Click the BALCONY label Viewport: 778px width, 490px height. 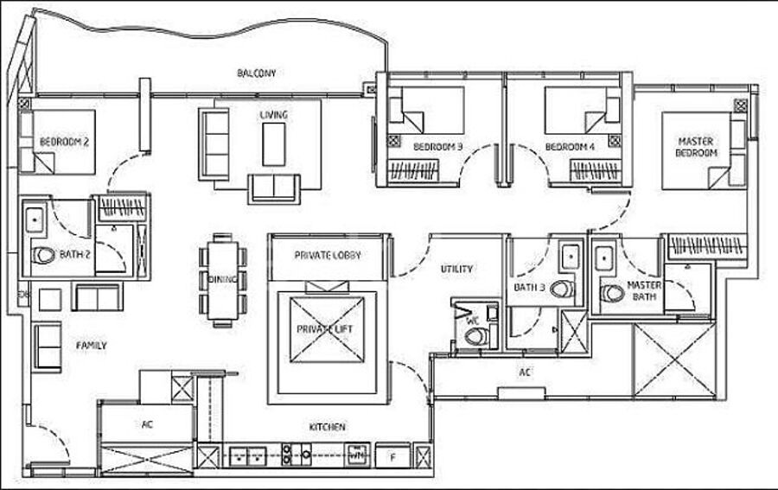tap(256, 73)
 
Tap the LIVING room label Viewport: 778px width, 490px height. tap(273, 115)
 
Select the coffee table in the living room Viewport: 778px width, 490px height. tap(273, 144)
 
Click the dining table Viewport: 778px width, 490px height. tap(223, 280)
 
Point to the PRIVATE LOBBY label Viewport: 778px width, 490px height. tap(328, 256)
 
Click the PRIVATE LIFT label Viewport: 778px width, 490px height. tap(325, 329)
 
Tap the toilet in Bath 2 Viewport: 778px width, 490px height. tap(44, 256)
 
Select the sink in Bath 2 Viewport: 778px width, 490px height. tap(35, 220)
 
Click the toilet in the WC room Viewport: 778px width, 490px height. tap(476, 337)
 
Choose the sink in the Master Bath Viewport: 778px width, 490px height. tap(605, 258)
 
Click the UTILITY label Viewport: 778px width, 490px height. tap(456, 269)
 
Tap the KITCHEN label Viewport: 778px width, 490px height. tap(327, 427)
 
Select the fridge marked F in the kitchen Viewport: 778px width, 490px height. tap(393, 455)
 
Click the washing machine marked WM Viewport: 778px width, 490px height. tap(357, 455)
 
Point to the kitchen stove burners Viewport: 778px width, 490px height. tap(297, 455)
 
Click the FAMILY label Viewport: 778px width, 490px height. tap(92, 346)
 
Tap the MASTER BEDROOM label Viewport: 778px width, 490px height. tap(696, 147)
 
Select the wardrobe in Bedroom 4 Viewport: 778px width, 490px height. tap(595, 170)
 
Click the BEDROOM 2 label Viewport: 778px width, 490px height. tap(64, 143)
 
